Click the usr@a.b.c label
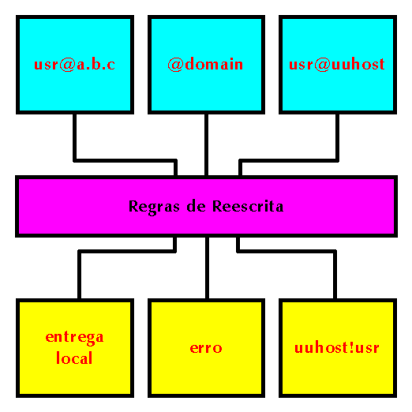pyautogui.click(x=75, y=65)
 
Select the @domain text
pyautogui.click(x=205, y=64)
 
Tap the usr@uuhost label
pyautogui.click(x=337, y=65)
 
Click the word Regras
pyautogui.click(x=154, y=207)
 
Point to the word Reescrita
pyautogui.click(x=248, y=206)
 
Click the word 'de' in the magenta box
pyautogui.click(x=196, y=206)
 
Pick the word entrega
pyautogui.click(x=75, y=338)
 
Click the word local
pyautogui.click(x=74, y=358)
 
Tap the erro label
pyautogui.click(x=206, y=348)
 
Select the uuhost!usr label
pyautogui.click(x=337, y=347)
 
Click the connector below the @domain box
pyautogui.click(x=207, y=144)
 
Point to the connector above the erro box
pyautogui.click(x=208, y=268)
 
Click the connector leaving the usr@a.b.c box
pyautogui.click(x=124, y=160)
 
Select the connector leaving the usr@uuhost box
pyautogui.click(x=290, y=160)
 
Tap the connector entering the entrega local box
pyautogui.click(x=126, y=252)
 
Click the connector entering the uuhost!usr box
pyautogui.click(x=287, y=252)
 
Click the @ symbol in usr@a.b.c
pyautogui.click(x=68, y=65)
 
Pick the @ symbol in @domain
pyautogui.click(x=175, y=65)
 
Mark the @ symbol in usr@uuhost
pyautogui.click(x=322, y=65)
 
